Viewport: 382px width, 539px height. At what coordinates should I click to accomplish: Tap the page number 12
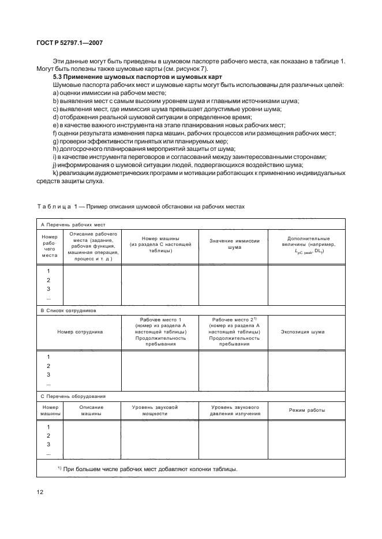[40, 492]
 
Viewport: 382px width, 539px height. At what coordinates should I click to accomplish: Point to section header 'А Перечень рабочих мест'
[72, 225]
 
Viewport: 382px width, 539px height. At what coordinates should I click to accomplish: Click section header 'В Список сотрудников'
[68, 310]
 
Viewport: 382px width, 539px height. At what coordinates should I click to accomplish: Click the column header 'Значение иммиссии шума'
[234, 244]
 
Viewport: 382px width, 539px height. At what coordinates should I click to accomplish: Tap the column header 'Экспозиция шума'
[306, 332]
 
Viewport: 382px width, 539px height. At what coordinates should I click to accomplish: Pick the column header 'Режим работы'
[306, 410]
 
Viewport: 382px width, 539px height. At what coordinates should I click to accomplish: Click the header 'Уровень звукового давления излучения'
[234, 410]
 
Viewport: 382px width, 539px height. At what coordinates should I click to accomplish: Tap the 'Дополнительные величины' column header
[306, 244]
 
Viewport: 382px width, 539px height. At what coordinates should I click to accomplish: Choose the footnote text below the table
[147, 469]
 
